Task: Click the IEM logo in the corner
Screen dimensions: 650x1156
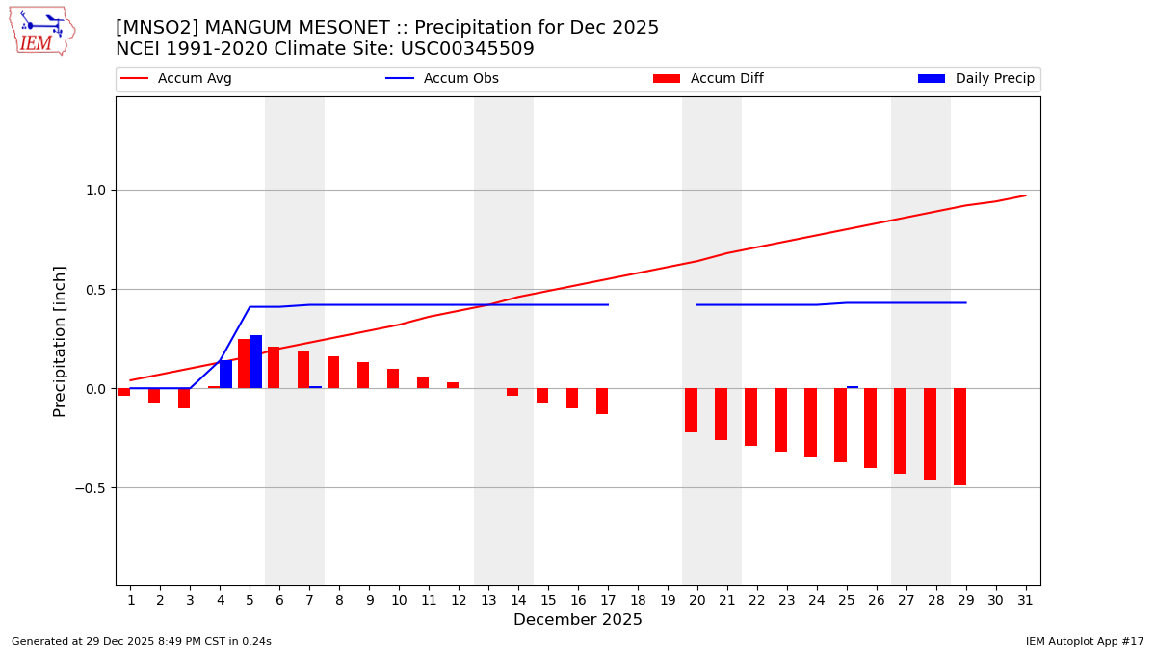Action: [x=41, y=31]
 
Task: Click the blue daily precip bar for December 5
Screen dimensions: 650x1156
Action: [x=255, y=362]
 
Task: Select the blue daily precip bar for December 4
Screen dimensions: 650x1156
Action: [x=225, y=375]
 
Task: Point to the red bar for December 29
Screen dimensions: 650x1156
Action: [x=959, y=436]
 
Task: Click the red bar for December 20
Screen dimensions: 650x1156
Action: [x=691, y=410]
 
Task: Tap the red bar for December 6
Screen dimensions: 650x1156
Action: [x=274, y=368]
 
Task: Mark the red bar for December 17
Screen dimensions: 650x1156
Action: [x=602, y=402]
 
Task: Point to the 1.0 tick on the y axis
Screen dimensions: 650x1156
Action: [x=95, y=190]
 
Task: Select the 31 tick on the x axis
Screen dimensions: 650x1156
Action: [x=1025, y=600]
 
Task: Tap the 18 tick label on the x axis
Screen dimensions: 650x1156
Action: [x=638, y=600]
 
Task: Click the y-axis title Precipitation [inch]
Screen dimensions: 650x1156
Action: [x=60, y=341]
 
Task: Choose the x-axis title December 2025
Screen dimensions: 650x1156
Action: [x=578, y=620]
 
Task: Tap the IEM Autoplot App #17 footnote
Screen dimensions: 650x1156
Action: [x=1085, y=641]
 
